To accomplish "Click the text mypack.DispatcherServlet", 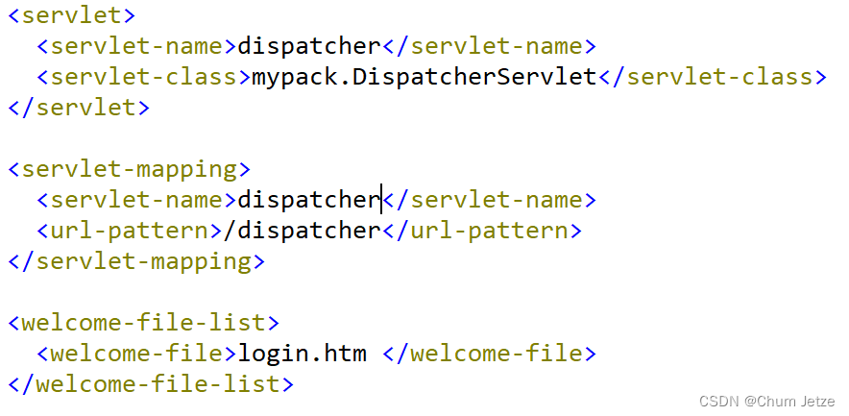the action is (424, 77).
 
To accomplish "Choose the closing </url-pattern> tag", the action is (482, 231).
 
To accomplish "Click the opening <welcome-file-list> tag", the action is (144, 323).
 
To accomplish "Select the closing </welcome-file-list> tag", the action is (151, 384).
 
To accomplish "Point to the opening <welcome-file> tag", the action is (137, 354).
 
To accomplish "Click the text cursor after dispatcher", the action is (382, 200).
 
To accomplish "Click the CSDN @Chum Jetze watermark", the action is (771, 401).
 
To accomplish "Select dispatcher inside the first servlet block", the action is (309, 46).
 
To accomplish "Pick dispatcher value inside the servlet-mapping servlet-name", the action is (309, 200).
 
